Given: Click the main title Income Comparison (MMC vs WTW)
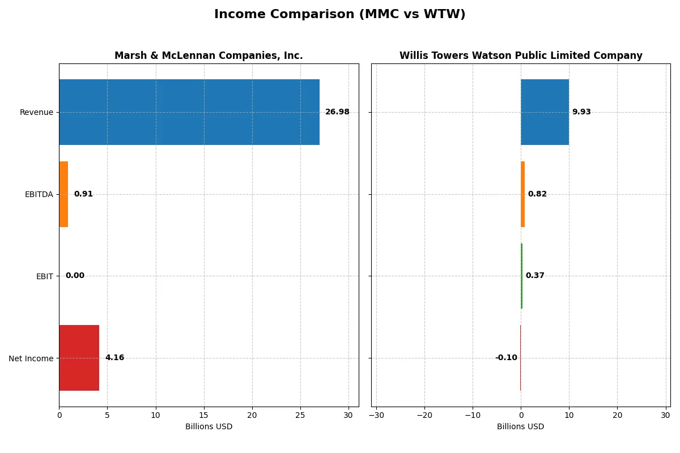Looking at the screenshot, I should click(339, 15).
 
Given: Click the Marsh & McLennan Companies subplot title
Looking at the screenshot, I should click(209, 55).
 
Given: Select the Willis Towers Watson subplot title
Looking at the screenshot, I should click(521, 55).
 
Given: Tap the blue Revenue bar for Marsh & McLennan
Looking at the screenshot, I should click(189, 112).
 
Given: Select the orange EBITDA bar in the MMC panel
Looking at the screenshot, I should click(63, 194).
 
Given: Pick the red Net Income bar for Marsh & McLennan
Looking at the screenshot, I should click(79, 358).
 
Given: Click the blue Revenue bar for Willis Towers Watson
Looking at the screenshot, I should click(545, 112).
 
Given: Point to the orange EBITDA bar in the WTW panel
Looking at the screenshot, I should click(523, 194).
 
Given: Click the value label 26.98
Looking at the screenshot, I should click(337, 112).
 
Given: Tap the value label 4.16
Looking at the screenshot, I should click(114, 358).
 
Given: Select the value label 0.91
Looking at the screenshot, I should click(83, 194).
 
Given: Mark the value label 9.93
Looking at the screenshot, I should click(581, 112).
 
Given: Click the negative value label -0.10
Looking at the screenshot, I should click(506, 358).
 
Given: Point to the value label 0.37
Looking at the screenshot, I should click(535, 276).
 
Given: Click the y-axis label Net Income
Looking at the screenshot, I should click(31, 358).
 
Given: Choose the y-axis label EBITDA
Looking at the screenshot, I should click(39, 194).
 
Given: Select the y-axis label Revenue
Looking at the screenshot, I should click(36, 112).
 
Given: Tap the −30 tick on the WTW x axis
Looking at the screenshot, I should click(376, 416).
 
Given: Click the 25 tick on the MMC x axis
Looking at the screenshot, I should click(300, 416).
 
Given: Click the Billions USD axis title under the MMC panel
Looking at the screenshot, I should click(209, 427).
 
